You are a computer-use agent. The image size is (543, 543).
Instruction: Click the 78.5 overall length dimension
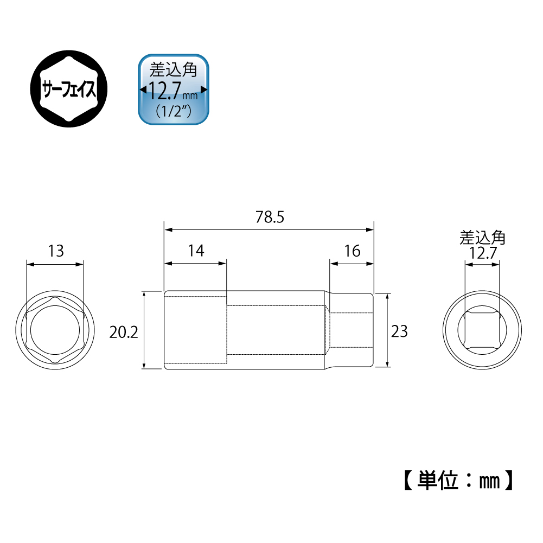270,218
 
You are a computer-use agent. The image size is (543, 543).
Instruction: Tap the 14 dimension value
195,251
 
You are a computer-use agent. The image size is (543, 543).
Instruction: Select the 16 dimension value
352,251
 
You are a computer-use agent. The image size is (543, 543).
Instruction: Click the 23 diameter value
399,331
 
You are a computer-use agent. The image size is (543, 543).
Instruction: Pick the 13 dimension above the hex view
56,251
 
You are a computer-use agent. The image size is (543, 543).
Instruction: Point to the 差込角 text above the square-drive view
482,238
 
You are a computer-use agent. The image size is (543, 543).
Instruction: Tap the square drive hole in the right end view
482,331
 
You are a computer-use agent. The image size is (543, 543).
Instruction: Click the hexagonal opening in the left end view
55,331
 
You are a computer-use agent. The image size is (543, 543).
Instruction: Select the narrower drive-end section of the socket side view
352,331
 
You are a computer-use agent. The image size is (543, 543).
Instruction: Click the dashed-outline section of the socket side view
195,331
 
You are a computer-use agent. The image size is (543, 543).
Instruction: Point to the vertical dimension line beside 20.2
144,331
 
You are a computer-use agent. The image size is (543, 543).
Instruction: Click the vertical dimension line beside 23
387,331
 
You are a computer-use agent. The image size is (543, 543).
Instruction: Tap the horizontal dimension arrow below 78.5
270,230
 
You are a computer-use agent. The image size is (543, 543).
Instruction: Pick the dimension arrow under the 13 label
55,264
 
